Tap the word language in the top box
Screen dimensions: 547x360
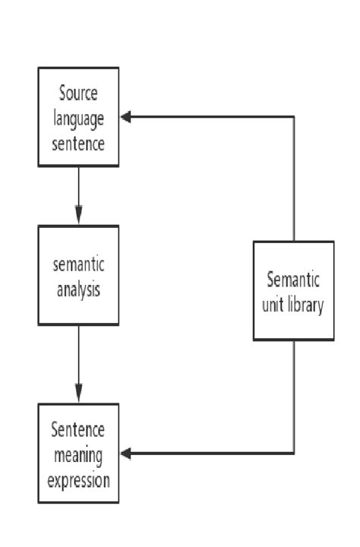click(x=77, y=118)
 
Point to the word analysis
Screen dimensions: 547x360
click(x=78, y=289)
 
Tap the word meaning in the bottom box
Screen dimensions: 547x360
click(x=77, y=455)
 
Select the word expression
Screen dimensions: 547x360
click(x=77, y=479)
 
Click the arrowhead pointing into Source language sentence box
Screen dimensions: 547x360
click(x=126, y=117)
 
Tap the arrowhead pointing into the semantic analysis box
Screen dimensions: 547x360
click(x=78, y=217)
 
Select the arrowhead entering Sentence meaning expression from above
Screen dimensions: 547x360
click(x=78, y=397)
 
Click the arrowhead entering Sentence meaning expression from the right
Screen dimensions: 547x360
click(x=126, y=454)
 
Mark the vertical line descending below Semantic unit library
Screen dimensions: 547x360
click(x=294, y=395)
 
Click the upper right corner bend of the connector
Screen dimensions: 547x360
click(x=294, y=117)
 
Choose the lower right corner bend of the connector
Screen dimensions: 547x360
click(x=294, y=454)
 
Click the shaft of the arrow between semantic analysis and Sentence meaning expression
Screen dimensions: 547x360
click(x=78, y=357)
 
